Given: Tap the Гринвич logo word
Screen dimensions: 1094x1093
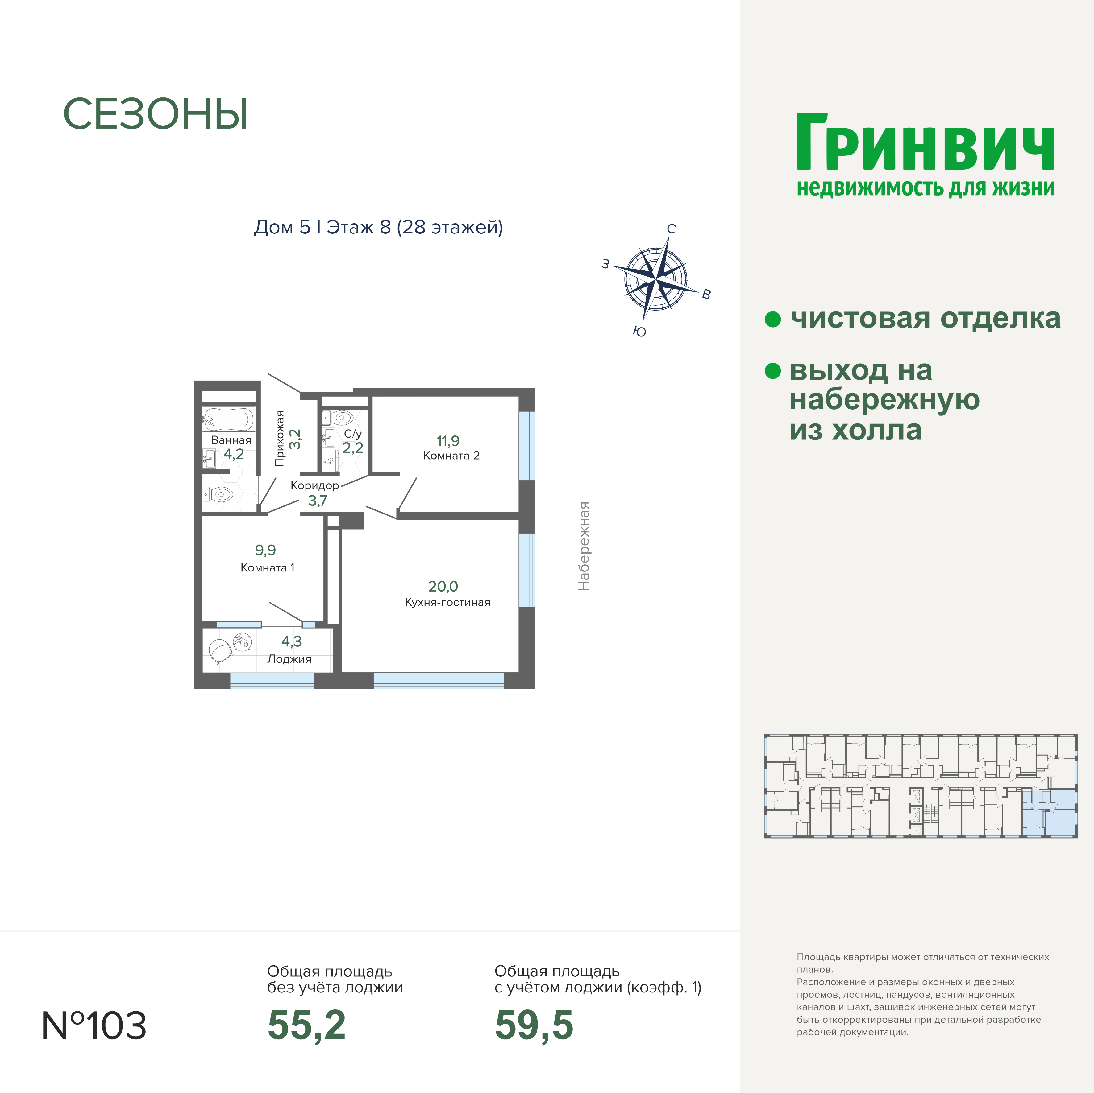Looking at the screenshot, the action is click(x=925, y=143).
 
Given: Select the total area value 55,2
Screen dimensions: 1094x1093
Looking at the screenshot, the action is click(x=306, y=1025).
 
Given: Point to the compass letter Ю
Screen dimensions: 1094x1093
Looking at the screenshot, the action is click(x=639, y=332).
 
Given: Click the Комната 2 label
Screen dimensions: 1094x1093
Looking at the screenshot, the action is click(x=451, y=456).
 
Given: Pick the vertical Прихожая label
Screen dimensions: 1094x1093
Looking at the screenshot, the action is click(x=279, y=439).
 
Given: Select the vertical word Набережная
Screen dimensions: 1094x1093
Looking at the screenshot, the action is click(x=584, y=546).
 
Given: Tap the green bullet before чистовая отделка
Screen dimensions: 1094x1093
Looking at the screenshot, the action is click(x=773, y=319).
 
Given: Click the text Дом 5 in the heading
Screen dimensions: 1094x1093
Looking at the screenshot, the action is click(x=282, y=227).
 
